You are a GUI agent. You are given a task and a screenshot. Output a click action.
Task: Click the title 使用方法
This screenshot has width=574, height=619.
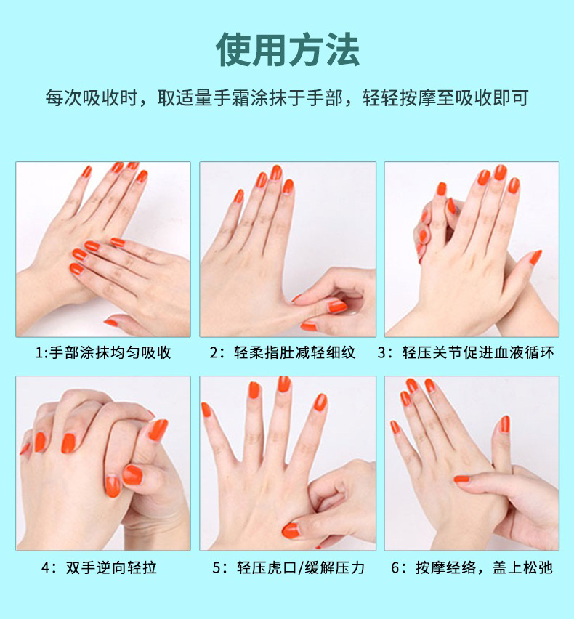pyautogui.click(x=288, y=49)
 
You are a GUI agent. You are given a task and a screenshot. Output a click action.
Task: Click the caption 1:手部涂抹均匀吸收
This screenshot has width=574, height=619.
pyautogui.click(x=103, y=352)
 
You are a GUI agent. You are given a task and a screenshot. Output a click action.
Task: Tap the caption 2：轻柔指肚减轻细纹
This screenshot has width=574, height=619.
pyautogui.click(x=283, y=352)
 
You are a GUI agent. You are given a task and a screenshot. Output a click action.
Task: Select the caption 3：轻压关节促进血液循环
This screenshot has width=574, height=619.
pyautogui.click(x=466, y=352)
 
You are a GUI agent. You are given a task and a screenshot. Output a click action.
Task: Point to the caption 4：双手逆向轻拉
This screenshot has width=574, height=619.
pyautogui.click(x=99, y=567)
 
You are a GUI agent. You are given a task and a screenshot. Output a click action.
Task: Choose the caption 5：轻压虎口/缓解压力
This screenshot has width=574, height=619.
pyautogui.click(x=288, y=567)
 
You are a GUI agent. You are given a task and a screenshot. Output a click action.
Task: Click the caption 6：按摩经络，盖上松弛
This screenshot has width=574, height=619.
pyautogui.click(x=472, y=567)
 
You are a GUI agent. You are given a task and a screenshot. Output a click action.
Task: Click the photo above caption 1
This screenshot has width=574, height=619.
pyautogui.click(x=103, y=249)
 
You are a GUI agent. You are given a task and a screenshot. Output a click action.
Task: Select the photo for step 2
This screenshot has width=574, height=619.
pyautogui.click(x=288, y=249)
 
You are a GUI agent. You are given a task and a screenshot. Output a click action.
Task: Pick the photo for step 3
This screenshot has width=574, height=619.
pyautogui.click(x=472, y=249)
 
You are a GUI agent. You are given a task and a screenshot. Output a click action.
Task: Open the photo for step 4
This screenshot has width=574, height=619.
pyautogui.click(x=103, y=463)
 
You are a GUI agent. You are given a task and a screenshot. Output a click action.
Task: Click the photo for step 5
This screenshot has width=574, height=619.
pyautogui.click(x=288, y=463)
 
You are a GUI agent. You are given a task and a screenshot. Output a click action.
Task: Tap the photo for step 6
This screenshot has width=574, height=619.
pyautogui.click(x=472, y=463)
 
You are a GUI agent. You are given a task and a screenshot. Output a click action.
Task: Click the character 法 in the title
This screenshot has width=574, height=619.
pyautogui.click(x=342, y=49)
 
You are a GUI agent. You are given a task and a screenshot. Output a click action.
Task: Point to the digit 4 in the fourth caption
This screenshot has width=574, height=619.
pyautogui.click(x=46, y=568)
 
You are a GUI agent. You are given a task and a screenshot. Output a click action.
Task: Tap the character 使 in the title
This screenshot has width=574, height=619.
pyautogui.click(x=233, y=49)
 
